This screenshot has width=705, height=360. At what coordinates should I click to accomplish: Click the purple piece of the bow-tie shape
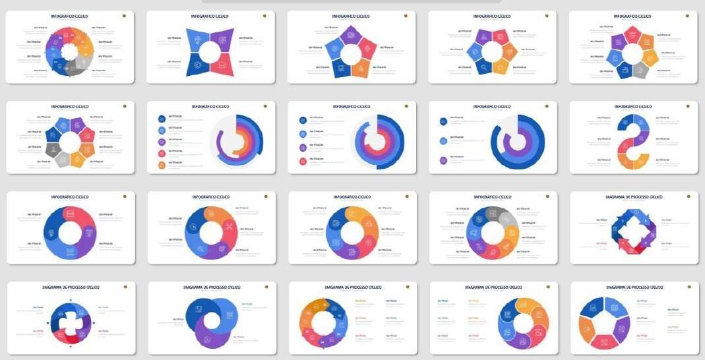[224, 38]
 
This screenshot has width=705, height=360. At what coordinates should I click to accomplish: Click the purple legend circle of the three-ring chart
[443, 160]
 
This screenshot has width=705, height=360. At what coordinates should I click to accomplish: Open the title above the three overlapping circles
[211, 287]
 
